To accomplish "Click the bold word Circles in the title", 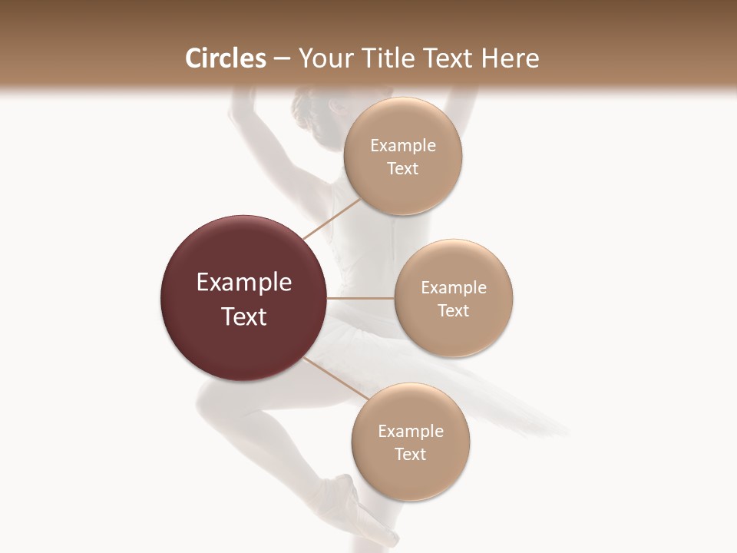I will [226, 58].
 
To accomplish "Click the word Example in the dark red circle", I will [244, 283].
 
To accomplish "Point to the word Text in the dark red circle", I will [244, 316].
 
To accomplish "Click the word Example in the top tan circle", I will [403, 146].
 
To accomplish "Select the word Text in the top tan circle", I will [403, 169].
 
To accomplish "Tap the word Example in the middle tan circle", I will [454, 288].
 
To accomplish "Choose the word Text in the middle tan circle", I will [454, 311].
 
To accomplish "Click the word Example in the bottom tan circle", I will [411, 432].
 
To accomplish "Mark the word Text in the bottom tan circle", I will [411, 455].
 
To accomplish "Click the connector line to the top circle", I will [332, 218].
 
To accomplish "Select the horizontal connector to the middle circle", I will [361, 298].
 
